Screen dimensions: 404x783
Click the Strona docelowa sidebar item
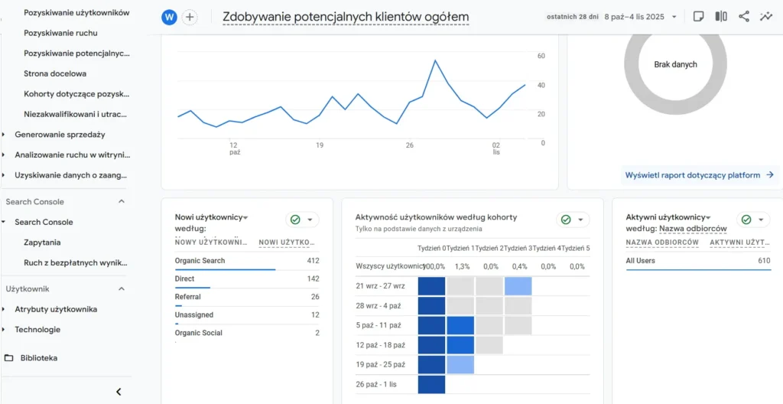click(x=55, y=73)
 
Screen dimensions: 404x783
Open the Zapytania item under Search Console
click(x=42, y=242)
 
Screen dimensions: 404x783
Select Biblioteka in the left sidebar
click(x=39, y=357)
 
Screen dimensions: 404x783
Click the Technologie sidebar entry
click(x=37, y=329)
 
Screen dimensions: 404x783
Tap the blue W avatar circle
click(x=170, y=17)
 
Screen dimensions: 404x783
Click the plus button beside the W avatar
click(x=190, y=17)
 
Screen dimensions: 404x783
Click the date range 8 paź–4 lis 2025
click(x=645, y=16)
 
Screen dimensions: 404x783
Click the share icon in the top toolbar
click(x=744, y=16)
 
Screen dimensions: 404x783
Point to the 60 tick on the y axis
click(x=541, y=56)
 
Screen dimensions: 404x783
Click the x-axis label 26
click(x=410, y=145)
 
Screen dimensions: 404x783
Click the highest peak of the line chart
click(x=435, y=60)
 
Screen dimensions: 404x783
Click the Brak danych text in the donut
click(x=675, y=64)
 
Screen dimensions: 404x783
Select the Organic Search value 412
click(x=312, y=261)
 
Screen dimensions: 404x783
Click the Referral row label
click(x=188, y=296)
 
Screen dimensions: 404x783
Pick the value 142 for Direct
click(x=312, y=279)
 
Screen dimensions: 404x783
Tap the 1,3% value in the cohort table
click(x=461, y=266)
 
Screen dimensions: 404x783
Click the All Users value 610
click(x=764, y=261)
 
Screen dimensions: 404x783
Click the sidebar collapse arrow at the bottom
click(x=119, y=392)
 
